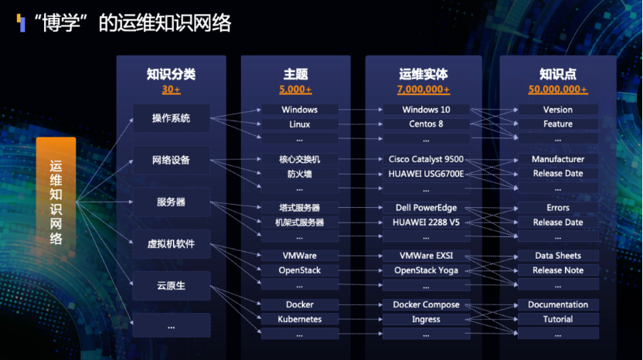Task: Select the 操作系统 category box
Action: coord(171,118)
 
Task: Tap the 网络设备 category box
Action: coord(171,160)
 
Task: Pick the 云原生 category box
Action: coord(171,285)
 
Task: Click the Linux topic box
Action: coord(300,124)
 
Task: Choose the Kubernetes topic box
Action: coord(300,319)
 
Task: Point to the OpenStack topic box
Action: coord(300,270)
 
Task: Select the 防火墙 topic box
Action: coord(300,174)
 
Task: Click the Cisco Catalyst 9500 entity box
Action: coord(426,159)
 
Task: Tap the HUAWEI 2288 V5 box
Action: coord(426,222)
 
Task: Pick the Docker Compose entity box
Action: coord(426,304)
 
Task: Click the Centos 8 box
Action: coord(426,124)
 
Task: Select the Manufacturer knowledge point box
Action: coord(558,159)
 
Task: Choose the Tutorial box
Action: coord(558,319)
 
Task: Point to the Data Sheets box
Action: coord(558,256)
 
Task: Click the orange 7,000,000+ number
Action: coord(424,90)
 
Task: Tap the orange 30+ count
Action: coord(171,90)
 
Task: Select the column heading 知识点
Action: coord(558,74)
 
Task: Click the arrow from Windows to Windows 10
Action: coord(360,110)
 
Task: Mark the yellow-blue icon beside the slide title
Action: coord(21,22)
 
